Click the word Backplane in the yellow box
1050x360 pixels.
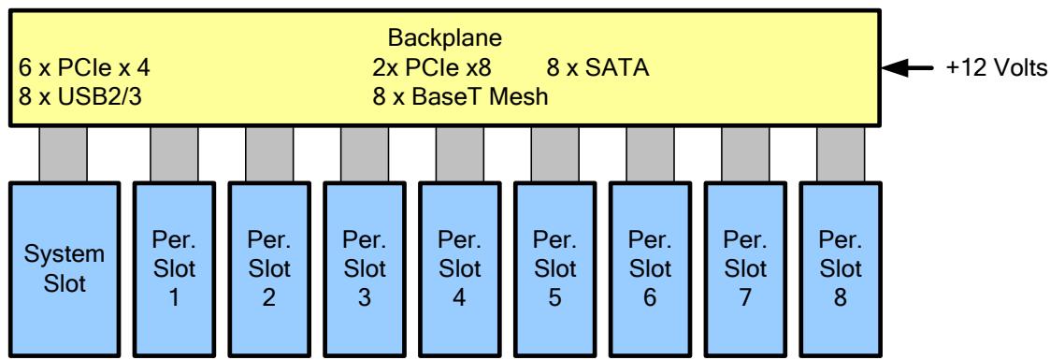coord(445,38)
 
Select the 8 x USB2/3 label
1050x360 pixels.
coord(80,96)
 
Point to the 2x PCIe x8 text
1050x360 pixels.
coord(436,67)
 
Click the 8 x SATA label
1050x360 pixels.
coord(598,67)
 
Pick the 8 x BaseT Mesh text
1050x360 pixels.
coord(460,96)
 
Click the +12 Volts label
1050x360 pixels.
coord(996,67)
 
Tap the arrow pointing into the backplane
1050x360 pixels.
coord(908,67)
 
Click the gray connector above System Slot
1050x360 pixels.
coord(63,153)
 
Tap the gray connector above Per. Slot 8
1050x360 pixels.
coord(841,153)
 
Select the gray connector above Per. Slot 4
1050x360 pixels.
coord(459,153)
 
